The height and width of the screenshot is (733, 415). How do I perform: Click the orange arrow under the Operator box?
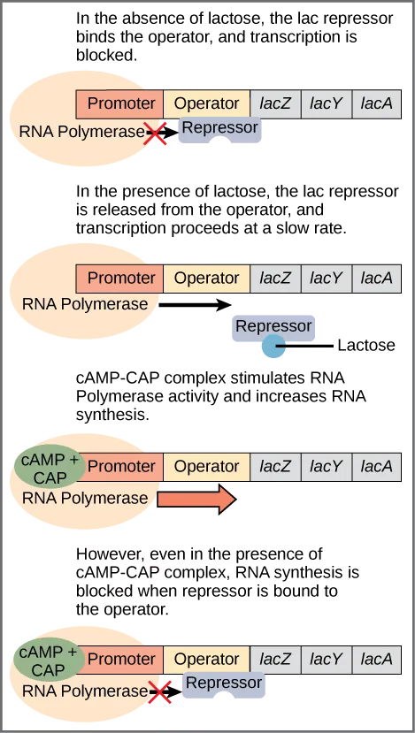(196, 499)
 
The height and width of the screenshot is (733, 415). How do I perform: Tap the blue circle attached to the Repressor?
(273, 347)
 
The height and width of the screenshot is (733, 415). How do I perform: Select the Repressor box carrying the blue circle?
(273, 326)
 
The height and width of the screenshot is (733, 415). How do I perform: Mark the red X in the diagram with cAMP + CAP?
(159, 693)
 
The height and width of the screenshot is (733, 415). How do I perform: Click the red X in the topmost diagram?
(157, 134)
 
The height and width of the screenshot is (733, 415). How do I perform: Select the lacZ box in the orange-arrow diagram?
(275, 466)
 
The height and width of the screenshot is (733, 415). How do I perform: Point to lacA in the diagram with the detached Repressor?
(377, 278)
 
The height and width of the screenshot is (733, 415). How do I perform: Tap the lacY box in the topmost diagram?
(326, 103)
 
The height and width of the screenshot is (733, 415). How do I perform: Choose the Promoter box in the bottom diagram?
(121, 659)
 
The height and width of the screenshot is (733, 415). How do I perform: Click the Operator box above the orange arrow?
(206, 466)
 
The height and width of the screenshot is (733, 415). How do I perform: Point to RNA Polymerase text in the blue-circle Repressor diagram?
(85, 304)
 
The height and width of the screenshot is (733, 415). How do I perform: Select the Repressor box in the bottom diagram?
(223, 683)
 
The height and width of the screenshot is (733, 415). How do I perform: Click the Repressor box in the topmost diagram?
(219, 128)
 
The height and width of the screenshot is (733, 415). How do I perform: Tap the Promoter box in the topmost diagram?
(121, 103)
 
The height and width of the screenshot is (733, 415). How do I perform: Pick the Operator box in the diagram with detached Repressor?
(206, 278)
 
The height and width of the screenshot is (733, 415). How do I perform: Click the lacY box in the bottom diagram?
(326, 659)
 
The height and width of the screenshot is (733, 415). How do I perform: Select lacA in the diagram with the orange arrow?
(377, 466)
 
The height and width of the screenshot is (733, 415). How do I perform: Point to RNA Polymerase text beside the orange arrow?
(85, 498)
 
